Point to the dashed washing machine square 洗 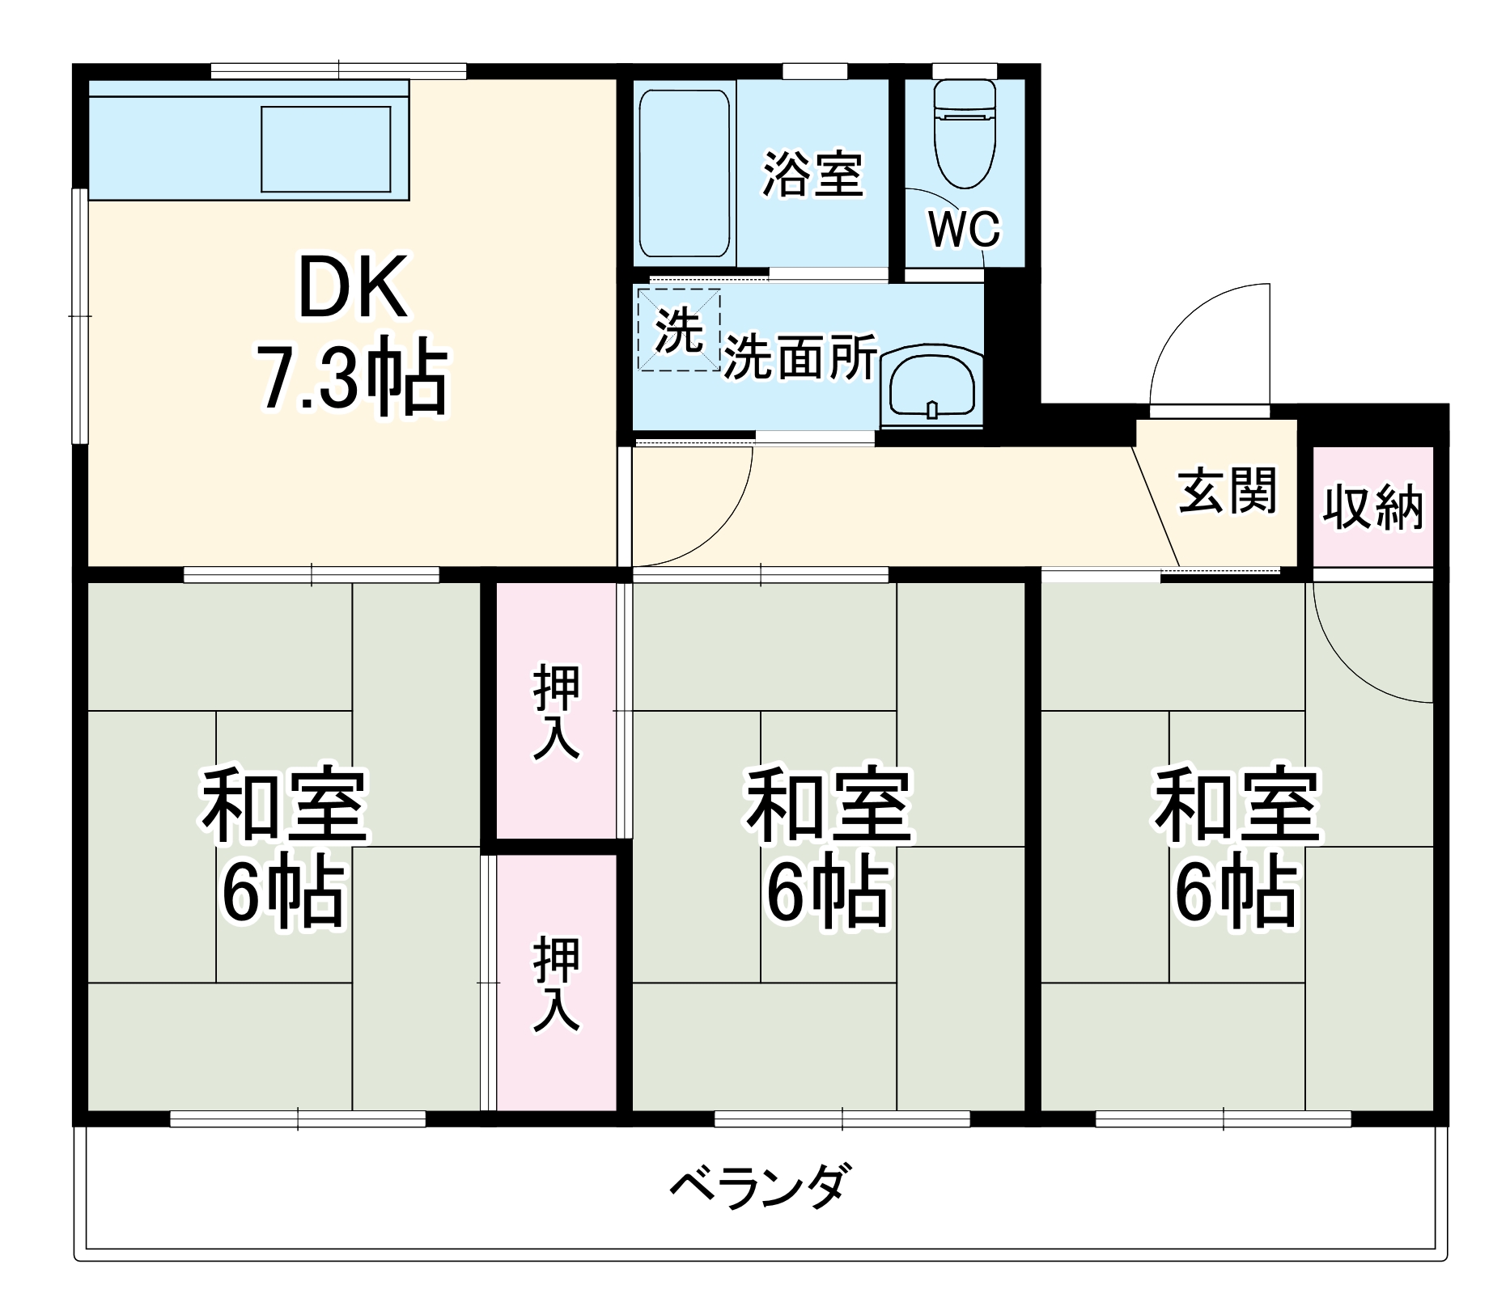[678, 330]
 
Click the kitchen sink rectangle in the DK [325, 149]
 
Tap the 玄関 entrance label [1227, 490]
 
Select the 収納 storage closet [1372, 507]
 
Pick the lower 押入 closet [557, 983]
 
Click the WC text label [964, 229]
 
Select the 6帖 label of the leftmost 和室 [283, 894]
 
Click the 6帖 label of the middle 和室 [827, 894]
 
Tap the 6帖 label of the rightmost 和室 [1236, 894]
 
